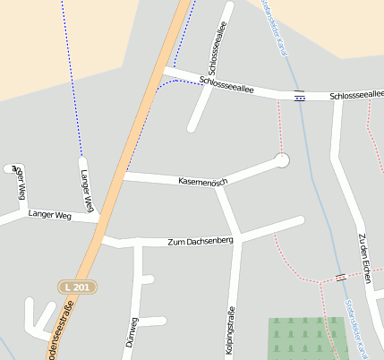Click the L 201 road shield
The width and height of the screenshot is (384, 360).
(76, 287)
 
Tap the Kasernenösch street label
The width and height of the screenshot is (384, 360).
(203, 182)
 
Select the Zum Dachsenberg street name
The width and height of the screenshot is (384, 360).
(201, 242)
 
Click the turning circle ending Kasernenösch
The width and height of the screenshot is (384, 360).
(283, 160)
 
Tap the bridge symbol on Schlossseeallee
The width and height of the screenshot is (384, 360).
(299, 96)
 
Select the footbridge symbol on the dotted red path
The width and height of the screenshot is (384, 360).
(340, 277)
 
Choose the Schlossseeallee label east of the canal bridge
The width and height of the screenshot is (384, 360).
(356, 95)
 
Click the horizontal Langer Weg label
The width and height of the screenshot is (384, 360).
(49, 215)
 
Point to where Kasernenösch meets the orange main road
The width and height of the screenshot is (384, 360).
(124, 176)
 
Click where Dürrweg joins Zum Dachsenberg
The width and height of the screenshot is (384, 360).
(139, 242)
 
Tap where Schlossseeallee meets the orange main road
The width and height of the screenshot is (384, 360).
(164, 71)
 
